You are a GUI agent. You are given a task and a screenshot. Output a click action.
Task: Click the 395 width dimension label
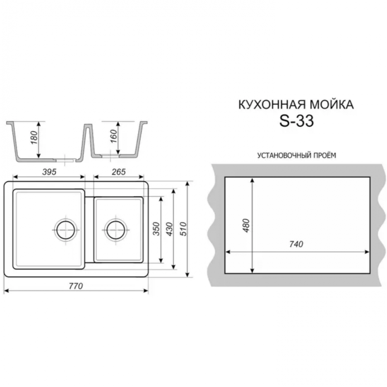(x=50, y=172)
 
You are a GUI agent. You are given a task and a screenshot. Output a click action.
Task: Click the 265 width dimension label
(x=119, y=172)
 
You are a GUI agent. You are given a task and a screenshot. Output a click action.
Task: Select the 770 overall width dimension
(x=76, y=286)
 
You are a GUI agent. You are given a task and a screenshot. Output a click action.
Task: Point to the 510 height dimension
(x=183, y=229)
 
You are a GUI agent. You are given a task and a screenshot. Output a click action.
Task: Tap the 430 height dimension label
(x=170, y=229)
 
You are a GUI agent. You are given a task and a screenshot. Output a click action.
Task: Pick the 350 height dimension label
(x=156, y=229)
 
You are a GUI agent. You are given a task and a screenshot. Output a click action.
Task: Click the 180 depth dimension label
(x=34, y=137)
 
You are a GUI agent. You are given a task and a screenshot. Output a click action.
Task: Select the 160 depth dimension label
(x=113, y=136)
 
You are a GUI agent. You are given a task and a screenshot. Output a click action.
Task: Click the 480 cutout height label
(x=246, y=225)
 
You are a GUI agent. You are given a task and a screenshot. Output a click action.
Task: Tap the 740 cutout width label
(x=296, y=244)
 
